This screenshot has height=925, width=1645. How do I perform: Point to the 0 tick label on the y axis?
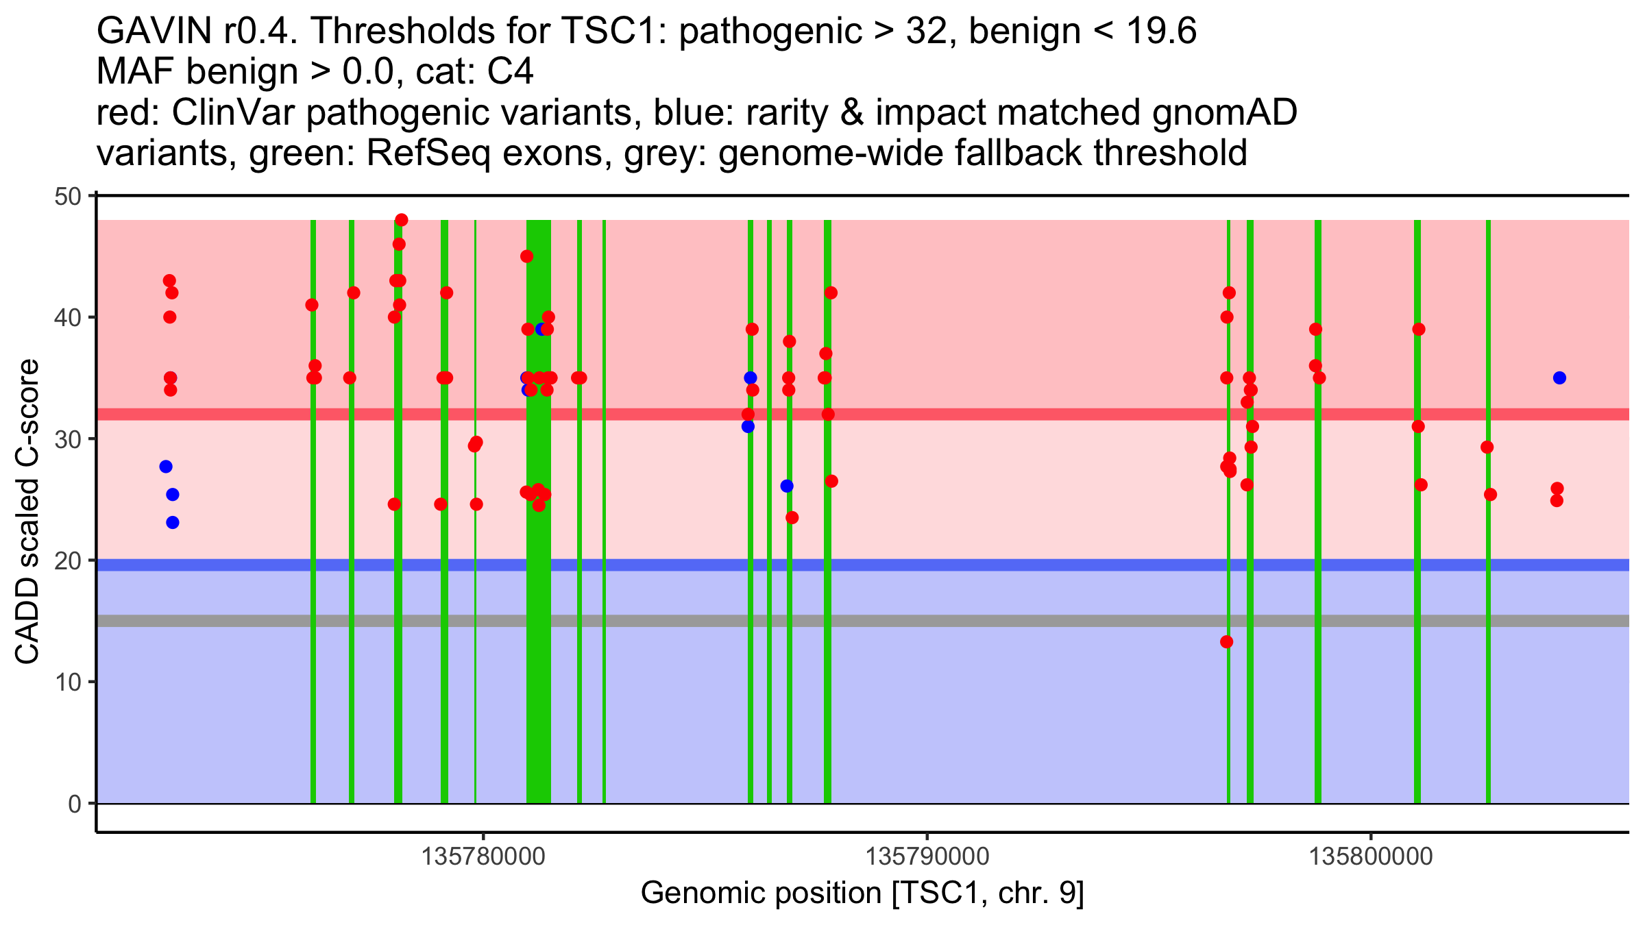pos(74,804)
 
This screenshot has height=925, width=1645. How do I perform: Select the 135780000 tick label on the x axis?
pos(483,857)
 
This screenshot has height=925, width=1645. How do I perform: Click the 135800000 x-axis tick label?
pos(1371,857)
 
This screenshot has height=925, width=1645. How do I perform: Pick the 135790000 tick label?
pos(927,857)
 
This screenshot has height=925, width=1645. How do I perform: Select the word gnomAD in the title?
pos(1224,113)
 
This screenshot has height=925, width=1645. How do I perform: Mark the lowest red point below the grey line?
pos(1226,642)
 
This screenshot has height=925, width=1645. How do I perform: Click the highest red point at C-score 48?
pos(402,220)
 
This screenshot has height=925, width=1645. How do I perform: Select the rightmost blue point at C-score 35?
pos(1559,378)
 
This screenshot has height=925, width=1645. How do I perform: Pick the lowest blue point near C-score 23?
pos(173,523)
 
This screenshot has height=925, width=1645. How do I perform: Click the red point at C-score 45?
pos(526,256)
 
